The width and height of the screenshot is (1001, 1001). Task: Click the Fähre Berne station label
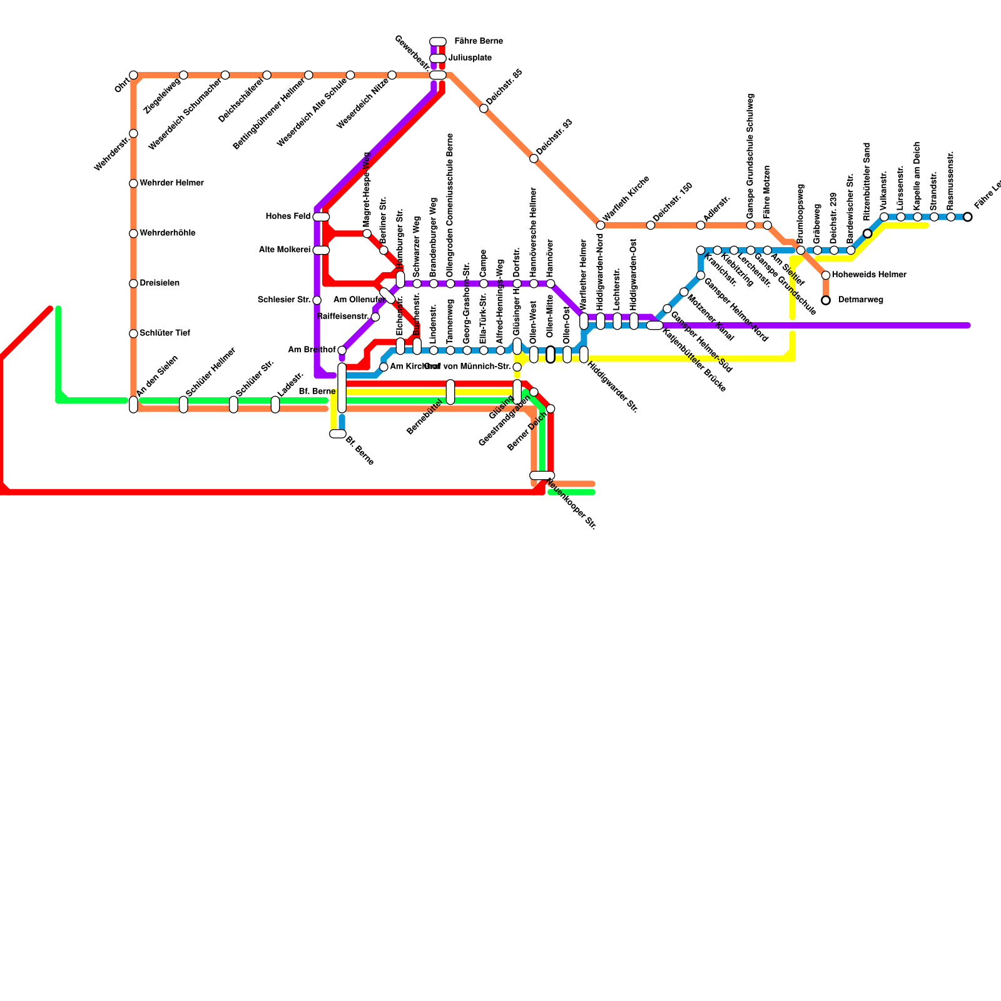pyautogui.click(x=478, y=41)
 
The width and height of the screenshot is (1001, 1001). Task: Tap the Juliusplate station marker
pyautogui.click(x=438, y=58)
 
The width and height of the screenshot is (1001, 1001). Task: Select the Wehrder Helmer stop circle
pyautogui.click(x=133, y=183)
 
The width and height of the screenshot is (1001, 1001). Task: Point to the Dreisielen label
pyautogui.click(x=160, y=283)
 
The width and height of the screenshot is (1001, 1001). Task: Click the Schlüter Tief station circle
pyautogui.click(x=133, y=333)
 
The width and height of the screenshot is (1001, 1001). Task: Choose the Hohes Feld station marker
pyautogui.click(x=321, y=216)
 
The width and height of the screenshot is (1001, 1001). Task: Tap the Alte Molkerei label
pyautogui.click(x=285, y=250)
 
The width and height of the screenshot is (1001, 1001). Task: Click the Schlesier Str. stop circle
pyautogui.click(x=317, y=300)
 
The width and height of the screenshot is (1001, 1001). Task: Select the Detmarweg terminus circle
pyautogui.click(x=826, y=300)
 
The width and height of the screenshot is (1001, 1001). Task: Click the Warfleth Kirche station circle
pyautogui.click(x=601, y=225)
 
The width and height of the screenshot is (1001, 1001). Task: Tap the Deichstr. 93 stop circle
pyautogui.click(x=534, y=158)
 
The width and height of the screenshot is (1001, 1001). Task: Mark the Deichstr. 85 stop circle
pyautogui.click(x=484, y=109)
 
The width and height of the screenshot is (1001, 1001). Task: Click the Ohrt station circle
pyautogui.click(x=133, y=75)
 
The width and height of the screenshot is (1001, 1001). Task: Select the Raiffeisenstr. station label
pyautogui.click(x=343, y=316)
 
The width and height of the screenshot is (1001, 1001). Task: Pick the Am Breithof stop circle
pyautogui.click(x=342, y=350)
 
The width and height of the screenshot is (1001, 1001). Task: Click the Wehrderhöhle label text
pyautogui.click(x=167, y=233)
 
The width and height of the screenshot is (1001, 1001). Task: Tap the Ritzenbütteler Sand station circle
pyautogui.click(x=867, y=233)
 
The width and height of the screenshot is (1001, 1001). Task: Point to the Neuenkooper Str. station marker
pyautogui.click(x=542, y=475)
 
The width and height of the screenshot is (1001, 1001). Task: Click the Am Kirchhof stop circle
pyautogui.click(x=384, y=367)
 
